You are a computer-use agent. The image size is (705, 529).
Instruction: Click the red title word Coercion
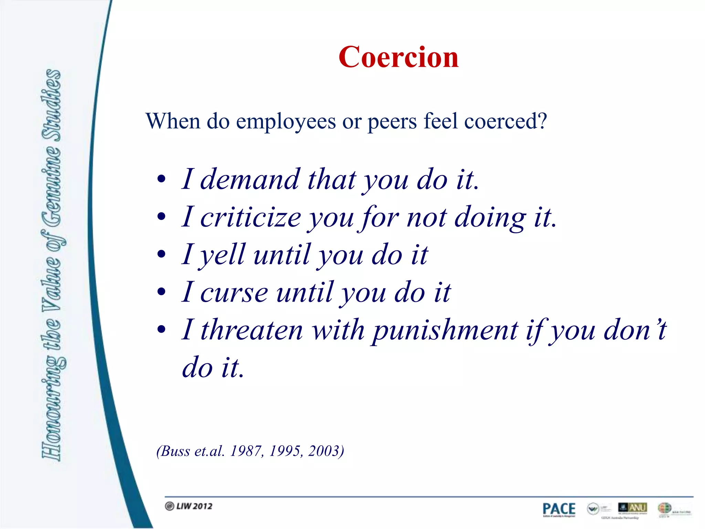click(398, 57)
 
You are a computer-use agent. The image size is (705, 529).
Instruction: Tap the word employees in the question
click(286, 122)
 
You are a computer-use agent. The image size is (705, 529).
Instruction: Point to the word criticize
click(251, 217)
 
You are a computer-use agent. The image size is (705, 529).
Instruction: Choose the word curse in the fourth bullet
click(234, 293)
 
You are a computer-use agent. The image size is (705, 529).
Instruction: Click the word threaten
click(252, 330)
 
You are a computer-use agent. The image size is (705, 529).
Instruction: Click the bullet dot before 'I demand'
click(161, 179)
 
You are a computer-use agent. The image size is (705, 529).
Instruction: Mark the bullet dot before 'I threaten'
click(161, 330)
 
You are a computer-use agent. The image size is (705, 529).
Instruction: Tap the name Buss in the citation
click(176, 451)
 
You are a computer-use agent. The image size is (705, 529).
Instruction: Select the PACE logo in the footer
click(559, 509)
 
